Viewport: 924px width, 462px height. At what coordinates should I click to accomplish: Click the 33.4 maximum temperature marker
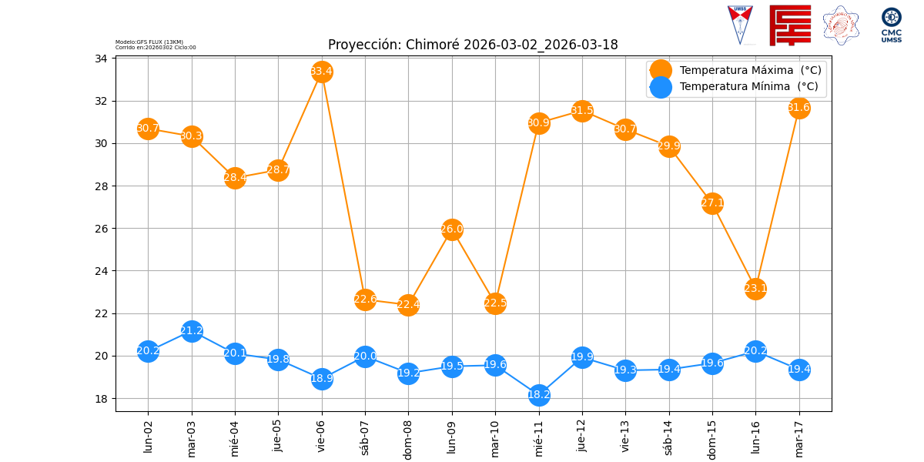(322, 72)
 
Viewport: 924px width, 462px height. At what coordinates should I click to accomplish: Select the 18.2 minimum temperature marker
(539, 395)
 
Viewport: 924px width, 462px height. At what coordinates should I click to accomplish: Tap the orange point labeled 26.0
(452, 229)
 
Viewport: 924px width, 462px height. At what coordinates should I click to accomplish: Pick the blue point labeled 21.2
(192, 331)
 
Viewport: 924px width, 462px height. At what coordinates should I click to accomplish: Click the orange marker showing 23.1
(755, 290)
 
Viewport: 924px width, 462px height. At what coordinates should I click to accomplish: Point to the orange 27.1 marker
(712, 204)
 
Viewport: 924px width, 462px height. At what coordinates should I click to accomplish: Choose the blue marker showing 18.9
(322, 379)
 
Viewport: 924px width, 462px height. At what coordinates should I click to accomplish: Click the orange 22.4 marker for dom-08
(408, 305)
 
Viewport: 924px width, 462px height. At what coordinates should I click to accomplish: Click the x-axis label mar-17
(799, 437)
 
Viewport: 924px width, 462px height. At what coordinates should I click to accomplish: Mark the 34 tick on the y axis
(101, 59)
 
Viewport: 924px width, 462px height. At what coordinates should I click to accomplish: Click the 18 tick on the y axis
(101, 399)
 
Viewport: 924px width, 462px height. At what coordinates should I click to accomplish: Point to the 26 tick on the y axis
(101, 229)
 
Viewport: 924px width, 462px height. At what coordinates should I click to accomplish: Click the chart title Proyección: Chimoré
(473, 45)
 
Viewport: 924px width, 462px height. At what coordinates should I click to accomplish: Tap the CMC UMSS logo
(892, 25)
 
